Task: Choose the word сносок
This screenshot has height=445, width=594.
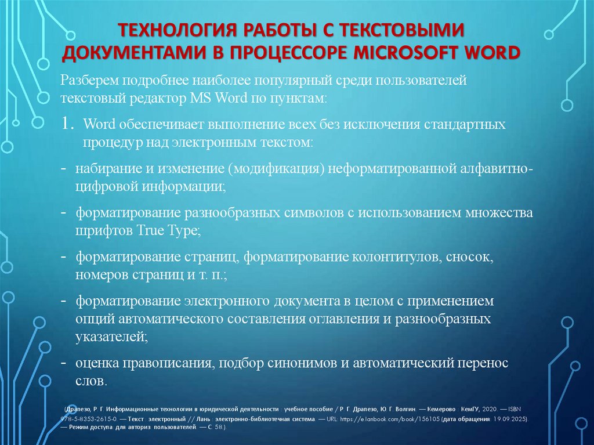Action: click(472, 257)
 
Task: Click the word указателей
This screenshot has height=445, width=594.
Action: click(107, 336)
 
